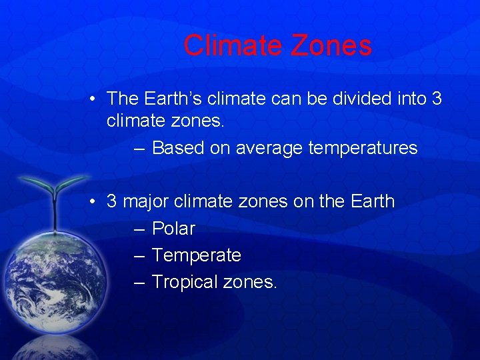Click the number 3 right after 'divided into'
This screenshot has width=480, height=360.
pos(437,99)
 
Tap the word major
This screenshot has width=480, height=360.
pos(145,201)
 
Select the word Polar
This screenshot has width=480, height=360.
pos(173,229)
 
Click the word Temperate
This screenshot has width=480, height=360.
pos(197,255)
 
